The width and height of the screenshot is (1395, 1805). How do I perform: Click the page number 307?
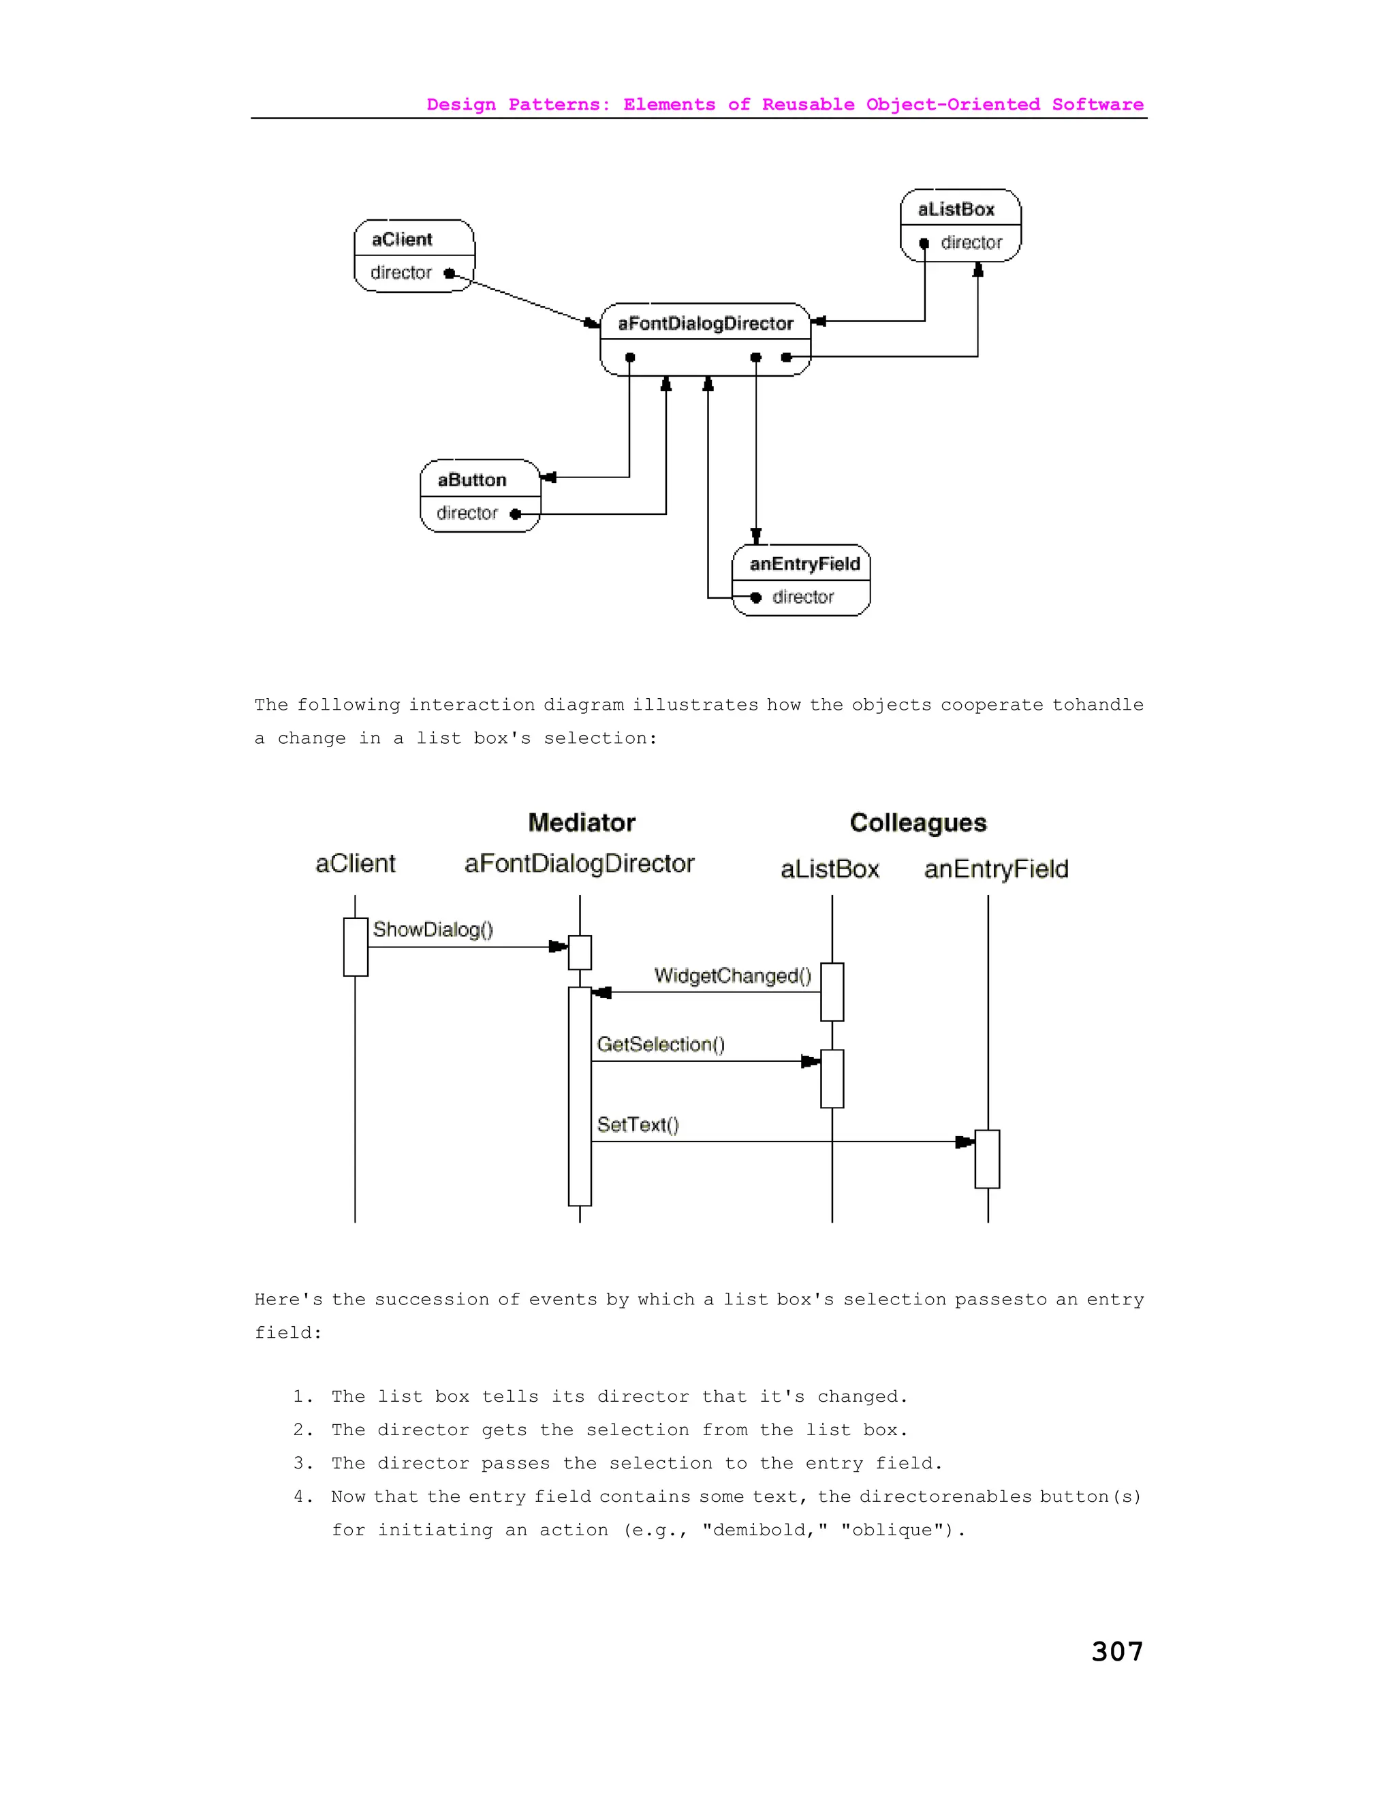pos(1116,1651)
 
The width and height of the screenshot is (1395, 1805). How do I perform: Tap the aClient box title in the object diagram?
pos(402,240)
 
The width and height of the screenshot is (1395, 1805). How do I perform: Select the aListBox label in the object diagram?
pos(956,210)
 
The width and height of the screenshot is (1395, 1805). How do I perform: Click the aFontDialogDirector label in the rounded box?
pos(705,324)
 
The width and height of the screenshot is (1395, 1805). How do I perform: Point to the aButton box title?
pos(471,480)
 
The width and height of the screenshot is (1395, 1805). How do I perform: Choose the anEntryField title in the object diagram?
pos(804,565)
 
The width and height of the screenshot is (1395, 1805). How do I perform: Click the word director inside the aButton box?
pos(467,514)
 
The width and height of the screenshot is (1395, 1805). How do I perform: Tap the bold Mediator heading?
pos(582,823)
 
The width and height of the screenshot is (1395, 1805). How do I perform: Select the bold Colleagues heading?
pos(918,823)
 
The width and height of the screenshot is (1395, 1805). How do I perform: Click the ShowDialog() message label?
pos(433,930)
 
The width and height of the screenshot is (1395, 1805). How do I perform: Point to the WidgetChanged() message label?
pos(732,976)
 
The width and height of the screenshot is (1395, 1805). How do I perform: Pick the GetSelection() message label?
pos(660,1045)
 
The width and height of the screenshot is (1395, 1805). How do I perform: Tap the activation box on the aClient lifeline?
pos(356,947)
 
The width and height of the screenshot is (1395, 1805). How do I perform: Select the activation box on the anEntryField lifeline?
pos(987,1159)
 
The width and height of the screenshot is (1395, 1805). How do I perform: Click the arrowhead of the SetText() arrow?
pos(965,1142)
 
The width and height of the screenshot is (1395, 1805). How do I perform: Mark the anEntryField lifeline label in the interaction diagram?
pos(996,869)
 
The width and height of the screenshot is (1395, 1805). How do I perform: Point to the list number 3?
pos(299,1464)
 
